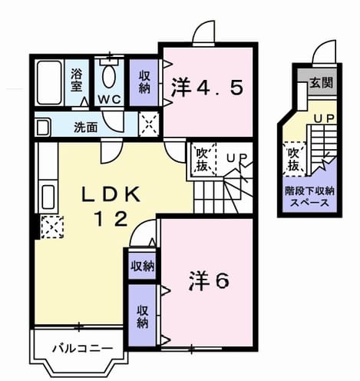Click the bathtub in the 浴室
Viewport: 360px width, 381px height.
pyautogui.click(x=49, y=82)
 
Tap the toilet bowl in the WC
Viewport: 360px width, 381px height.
pyautogui.click(x=109, y=76)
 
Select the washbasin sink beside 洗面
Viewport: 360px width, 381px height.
pyautogui.click(x=43, y=128)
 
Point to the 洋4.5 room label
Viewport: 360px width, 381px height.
pyautogui.click(x=206, y=88)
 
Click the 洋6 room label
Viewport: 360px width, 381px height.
pyautogui.click(x=209, y=281)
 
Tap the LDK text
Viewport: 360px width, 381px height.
pyautogui.click(x=111, y=194)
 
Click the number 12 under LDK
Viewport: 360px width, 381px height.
pyautogui.click(x=111, y=219)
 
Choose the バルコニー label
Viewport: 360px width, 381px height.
pyautogui.click(x=82, y=349)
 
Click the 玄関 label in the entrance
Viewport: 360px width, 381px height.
pyautogui.click(x=322, y=83)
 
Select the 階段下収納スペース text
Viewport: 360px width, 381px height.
pyautogui.click(x=309, y=197)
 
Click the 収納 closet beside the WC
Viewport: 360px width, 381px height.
pyautogui.click(x=144, y=82)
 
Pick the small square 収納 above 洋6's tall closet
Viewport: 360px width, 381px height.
pyautogui.click(x=142, y=267)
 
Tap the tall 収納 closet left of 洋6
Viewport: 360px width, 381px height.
pyautogui.click(x=142, y=316)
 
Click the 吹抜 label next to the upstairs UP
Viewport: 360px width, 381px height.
pyautogui.click(x=202, y=160)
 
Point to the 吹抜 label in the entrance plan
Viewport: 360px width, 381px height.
pyautogui.click(x=293, y=160)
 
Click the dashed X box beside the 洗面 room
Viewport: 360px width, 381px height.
pyautogui.click(x=149, y=124)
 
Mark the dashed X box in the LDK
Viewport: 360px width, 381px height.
pyautogui.click(x=52, y=227)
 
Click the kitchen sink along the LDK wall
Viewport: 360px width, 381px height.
pyautogui.click(x=48, y=197)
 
